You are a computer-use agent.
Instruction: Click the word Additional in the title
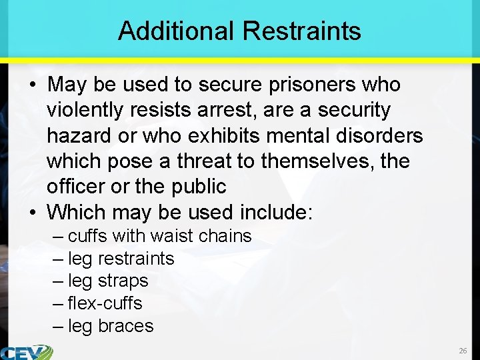point(176,31)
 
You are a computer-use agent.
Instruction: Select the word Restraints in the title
point(301,31)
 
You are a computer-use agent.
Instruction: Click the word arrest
point(227,110)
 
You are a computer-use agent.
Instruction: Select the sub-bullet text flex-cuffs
point(105,303)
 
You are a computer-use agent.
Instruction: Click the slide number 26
point(463,350)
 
